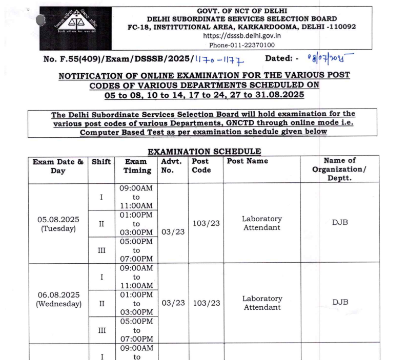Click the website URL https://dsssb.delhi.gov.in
tap(242, 36)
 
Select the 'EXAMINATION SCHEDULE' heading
tap(204, 152)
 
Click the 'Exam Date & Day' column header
tap(58, 166)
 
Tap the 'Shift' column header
tap(101, 162)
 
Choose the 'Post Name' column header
tap(248, 162)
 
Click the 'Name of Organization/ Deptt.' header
tap(339, 169)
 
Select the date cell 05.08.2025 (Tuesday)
tap(58, 224)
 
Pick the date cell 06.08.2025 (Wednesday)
tap(58, 299)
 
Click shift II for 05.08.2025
tap(101, 224)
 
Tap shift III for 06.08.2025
tap(101, 330)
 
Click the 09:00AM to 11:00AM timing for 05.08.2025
tap(136, 197)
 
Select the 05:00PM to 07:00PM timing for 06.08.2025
tap(136, 330)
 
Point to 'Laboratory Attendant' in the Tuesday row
tap(262, 223)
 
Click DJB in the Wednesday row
tap(340, 302)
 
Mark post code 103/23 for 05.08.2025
tap(206, 223)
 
